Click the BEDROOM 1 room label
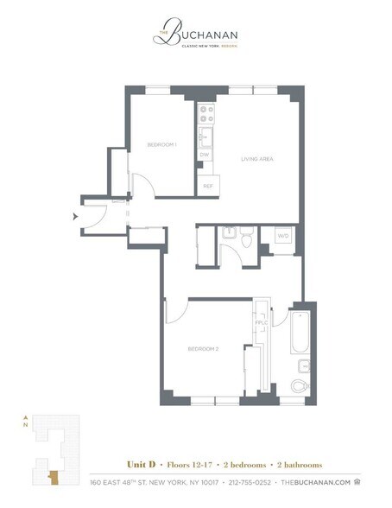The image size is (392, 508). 161,144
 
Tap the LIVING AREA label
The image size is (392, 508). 257,159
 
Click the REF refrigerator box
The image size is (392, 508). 208,186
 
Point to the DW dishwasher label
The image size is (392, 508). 205,155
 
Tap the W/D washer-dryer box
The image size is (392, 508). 282,235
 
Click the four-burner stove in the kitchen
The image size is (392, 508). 205,116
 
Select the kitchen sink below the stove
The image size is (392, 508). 205,137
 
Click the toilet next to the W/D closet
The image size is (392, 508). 247,238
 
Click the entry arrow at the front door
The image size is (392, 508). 77,216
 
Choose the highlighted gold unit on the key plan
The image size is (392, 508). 54,476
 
